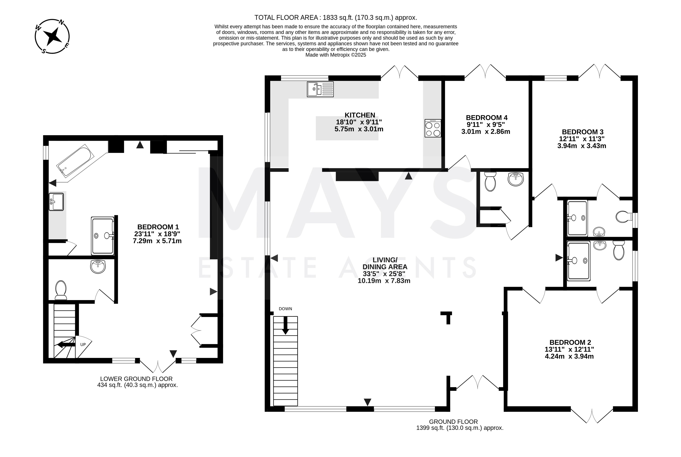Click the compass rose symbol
(x=52, y=36)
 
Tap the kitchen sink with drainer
(x=320, y=89)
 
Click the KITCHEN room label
(x=360, y=115)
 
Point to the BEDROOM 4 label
(x=487, y=118)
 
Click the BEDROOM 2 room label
(x=570, y=342)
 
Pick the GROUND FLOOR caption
(x=453, y=422)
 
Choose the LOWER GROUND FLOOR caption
(x=137, y=379)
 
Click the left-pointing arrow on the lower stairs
(x=66, y=345)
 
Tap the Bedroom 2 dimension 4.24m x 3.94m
(x=569, y=356)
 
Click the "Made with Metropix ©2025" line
(x=336, y=55)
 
